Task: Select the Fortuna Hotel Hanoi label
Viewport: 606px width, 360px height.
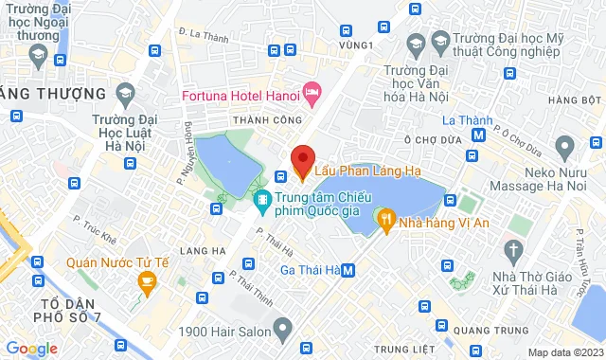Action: tap(241, 97)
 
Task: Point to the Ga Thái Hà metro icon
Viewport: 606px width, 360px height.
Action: tap(349, 270)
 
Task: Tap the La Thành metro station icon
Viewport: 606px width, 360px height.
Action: tap(480, 135)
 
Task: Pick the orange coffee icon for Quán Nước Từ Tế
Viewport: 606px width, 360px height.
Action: tap(146, 280)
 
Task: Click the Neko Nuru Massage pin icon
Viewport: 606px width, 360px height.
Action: tap(565, 147)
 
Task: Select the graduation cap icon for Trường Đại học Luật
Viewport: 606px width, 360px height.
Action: tap(124, 93)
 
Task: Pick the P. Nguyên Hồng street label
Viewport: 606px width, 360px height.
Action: tap(187, 151)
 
